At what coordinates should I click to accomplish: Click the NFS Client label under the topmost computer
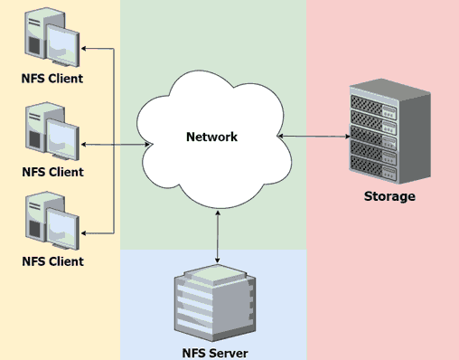(52, 79)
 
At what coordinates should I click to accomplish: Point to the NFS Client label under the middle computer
(52, 172)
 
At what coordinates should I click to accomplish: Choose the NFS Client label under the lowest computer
(52, 262)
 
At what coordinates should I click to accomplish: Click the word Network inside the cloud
(211, 137)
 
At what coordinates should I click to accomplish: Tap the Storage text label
(389, 196)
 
